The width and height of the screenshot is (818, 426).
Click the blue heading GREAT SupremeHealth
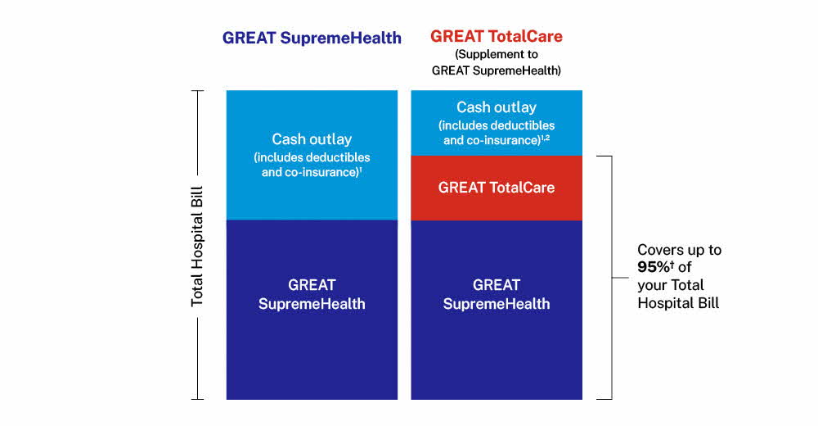[x=312, y=39]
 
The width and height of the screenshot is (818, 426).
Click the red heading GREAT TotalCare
[x=497, y=37]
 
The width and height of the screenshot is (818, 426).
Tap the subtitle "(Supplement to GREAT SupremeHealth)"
[x=497, y=62]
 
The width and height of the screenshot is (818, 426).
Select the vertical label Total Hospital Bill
[x=196, y=247]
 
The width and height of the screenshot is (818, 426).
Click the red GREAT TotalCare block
[x=497, y=188]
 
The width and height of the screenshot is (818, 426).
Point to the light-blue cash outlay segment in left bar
[x=312, y=155]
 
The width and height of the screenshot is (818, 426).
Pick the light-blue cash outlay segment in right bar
[x=497, y=123]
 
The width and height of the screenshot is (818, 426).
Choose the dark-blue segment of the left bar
[x=312, y=310]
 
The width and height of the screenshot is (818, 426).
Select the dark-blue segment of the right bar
[x=497, y=310]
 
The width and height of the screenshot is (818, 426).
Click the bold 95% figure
[x=653, y=267]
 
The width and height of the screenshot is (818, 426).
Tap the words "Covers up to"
[x=679, y=250]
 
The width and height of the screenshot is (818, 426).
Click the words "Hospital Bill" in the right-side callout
[x=678, y=303]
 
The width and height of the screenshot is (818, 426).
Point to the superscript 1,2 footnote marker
[x=545, y=138]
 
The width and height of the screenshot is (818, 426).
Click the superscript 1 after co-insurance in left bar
[x=361, y=170]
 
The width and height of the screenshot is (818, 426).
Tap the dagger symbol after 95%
[x=672, y=265]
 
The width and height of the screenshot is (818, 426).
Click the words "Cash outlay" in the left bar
[x=312, y=139]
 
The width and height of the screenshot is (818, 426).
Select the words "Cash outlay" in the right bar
[x=497, y=107]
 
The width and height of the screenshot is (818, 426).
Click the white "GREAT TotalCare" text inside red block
[x=497, y=188]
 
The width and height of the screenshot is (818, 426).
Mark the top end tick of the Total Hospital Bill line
[x=197, y=91]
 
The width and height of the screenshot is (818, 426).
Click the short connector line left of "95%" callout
[x=620, y=278]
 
